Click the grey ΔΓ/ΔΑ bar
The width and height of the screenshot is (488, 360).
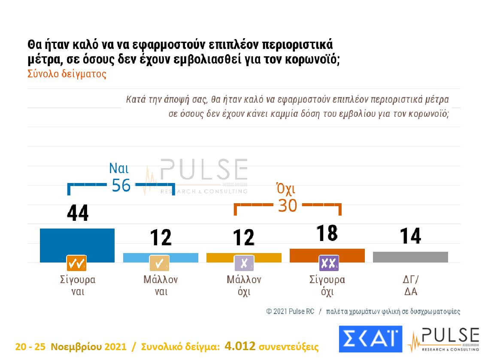(x=410, y=256)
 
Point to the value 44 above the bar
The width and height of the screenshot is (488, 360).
(x=78, y=213)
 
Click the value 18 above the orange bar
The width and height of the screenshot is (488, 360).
(x=327, y=233)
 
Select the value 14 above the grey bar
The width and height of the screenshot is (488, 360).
(x=410, y=236)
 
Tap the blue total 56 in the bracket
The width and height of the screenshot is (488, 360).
(x=121, y=185)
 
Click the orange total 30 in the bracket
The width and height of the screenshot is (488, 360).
(x=287, y=206)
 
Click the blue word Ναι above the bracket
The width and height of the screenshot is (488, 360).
(x=119, y=168)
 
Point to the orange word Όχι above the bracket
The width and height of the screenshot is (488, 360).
(x=286, y=189)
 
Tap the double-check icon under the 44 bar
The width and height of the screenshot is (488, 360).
(x=76, y=263)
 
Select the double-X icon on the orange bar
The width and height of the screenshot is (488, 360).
(x=329, y=263)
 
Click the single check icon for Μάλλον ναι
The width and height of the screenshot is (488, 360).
(x=159, y=263)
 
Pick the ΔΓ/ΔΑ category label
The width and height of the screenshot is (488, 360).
(x=411, y=286)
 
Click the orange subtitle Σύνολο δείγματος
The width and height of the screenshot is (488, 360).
(x=67, y=73)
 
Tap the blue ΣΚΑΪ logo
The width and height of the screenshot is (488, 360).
(x=370, y=339)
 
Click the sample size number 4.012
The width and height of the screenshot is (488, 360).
(x=240, y=346)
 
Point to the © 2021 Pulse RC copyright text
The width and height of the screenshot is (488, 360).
(x=290, y=311)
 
